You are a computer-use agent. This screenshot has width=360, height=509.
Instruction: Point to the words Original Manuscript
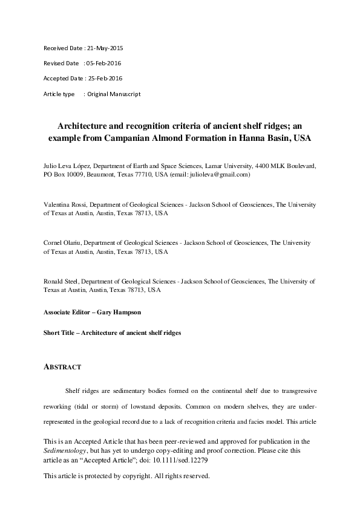[114, 94]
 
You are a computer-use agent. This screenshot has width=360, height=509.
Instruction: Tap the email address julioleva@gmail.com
[220, 174]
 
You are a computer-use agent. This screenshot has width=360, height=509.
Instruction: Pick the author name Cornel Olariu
[62, 243]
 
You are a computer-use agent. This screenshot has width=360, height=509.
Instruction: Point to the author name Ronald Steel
[61, 282]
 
